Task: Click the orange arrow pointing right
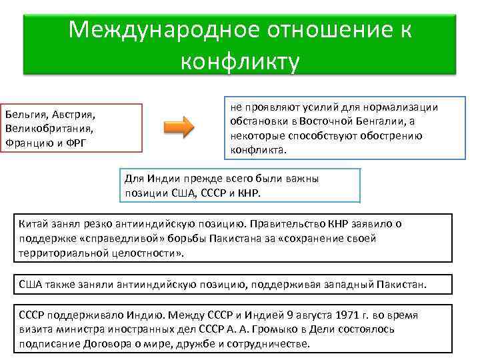[x=178, y=127]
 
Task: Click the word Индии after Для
[x=164, y=179]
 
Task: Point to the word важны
[x=301, y=179]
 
